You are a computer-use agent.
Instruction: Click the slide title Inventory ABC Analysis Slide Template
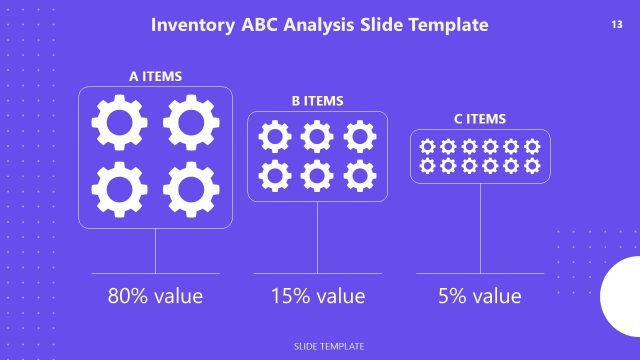pyautogui.click(x=320, y=24)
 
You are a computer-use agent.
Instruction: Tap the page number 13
pyautogui.click(x=616, y=23)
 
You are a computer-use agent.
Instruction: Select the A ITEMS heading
pyautogui.click(x=155, y=76)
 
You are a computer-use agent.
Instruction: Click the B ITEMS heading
pyautogui.click(x=317, y=101)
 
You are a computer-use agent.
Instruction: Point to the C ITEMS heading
pyautogui.click(x=480, y=119)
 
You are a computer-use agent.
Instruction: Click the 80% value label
pyautogui.click(x=155, y=296)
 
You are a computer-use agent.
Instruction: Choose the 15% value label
pyautogui.click(x=317, y=296)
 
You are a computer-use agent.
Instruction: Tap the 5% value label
pyautogui.click(x=480, y=296)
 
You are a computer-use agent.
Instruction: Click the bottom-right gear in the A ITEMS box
pyautogui.click(x=191, y=189)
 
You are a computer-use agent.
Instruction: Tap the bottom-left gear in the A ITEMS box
pyautogui.click(x=119, y=189)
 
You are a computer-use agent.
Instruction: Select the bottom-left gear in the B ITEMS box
pyautogui.click(x=275, y=176)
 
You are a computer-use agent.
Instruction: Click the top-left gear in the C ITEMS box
pyautogui.click(x=428, y=146)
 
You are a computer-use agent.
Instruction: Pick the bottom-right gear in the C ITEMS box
pyautogui.click(x=532, y=166)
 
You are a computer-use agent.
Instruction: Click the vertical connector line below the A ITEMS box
pyautogui.click(x=155, y=250)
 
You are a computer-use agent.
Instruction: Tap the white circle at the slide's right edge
pyautogui.click(x=622, y=297)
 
